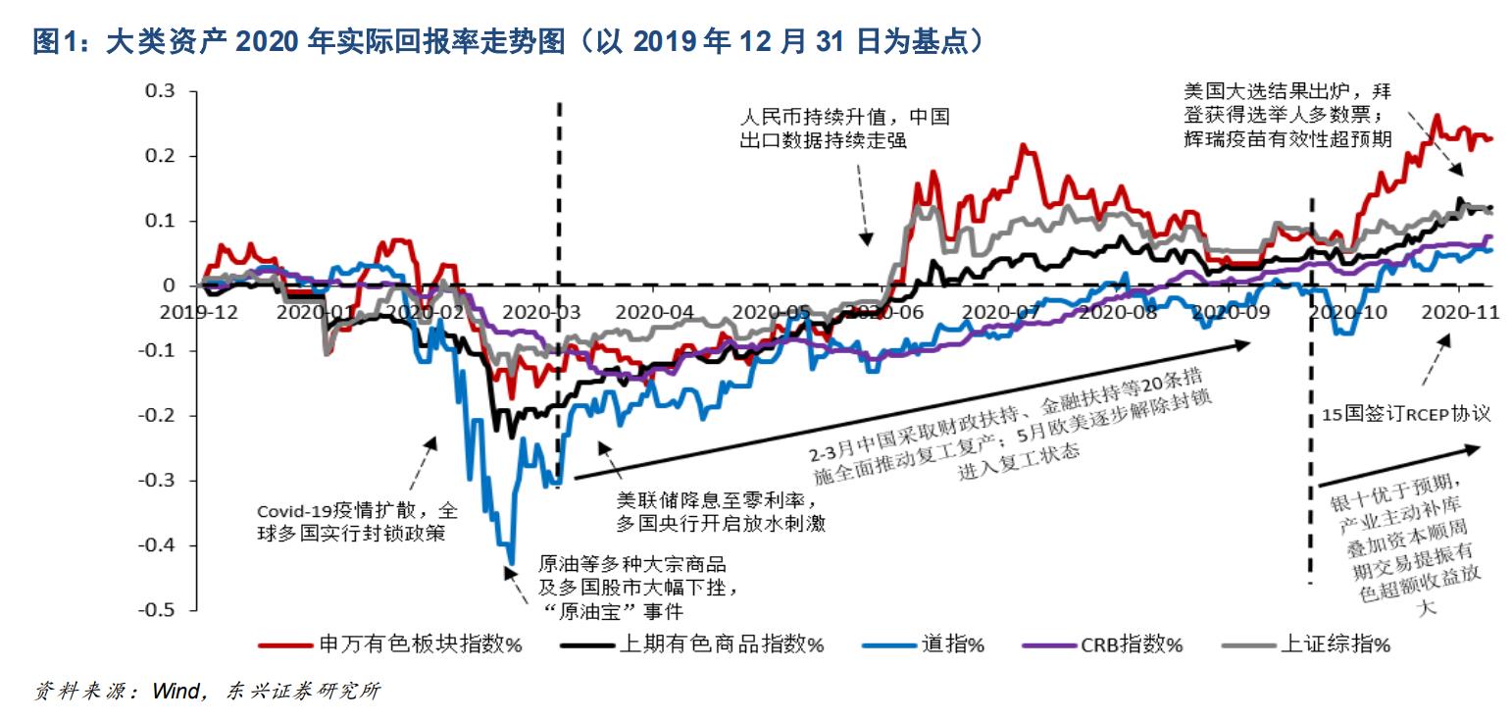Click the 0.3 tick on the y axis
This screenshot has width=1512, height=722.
pos(162,91)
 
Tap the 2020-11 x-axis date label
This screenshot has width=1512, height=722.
pos(1455,312)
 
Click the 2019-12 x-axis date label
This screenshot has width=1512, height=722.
pos(200,312)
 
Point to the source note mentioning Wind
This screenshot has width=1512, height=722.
pos(207,692)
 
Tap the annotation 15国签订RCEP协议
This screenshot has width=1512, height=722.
pos(1405,414)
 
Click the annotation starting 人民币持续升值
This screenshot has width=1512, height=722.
pos(844,129)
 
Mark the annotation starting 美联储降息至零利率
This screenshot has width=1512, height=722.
pos(719,512)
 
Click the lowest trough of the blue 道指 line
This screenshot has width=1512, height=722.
pos(511,562)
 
